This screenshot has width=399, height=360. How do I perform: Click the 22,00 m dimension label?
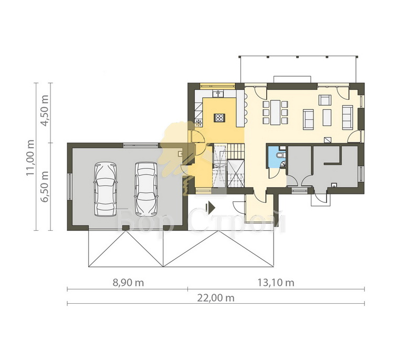[x=216, y=297]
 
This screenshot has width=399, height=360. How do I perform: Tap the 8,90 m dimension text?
[x=128, y=283]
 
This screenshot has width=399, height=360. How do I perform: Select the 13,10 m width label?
[x=276, y=283]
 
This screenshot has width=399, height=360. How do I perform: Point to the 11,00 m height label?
[x=30, y=158]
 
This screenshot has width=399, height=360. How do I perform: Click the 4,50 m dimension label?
[x=45, y=110]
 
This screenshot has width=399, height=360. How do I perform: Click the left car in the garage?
[x=106, y=189]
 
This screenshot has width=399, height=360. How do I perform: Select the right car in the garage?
[x=146, y=189]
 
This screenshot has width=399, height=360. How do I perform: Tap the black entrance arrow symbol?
[x=211, y=208]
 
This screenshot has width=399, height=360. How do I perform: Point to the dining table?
[x=275, y=112]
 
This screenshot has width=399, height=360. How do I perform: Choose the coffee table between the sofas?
[x=327, y=117]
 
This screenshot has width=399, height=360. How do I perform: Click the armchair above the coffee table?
[x=325, y=100]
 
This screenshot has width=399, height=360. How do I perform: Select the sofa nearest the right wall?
[x=348, y=117]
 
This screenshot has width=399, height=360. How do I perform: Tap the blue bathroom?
[x=277, y=157]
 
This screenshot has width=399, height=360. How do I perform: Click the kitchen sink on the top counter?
[x=218, y=94]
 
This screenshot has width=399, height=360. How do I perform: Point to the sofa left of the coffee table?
[x=308, y=119]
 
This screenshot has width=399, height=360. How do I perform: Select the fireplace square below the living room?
[x=328, y=140]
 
